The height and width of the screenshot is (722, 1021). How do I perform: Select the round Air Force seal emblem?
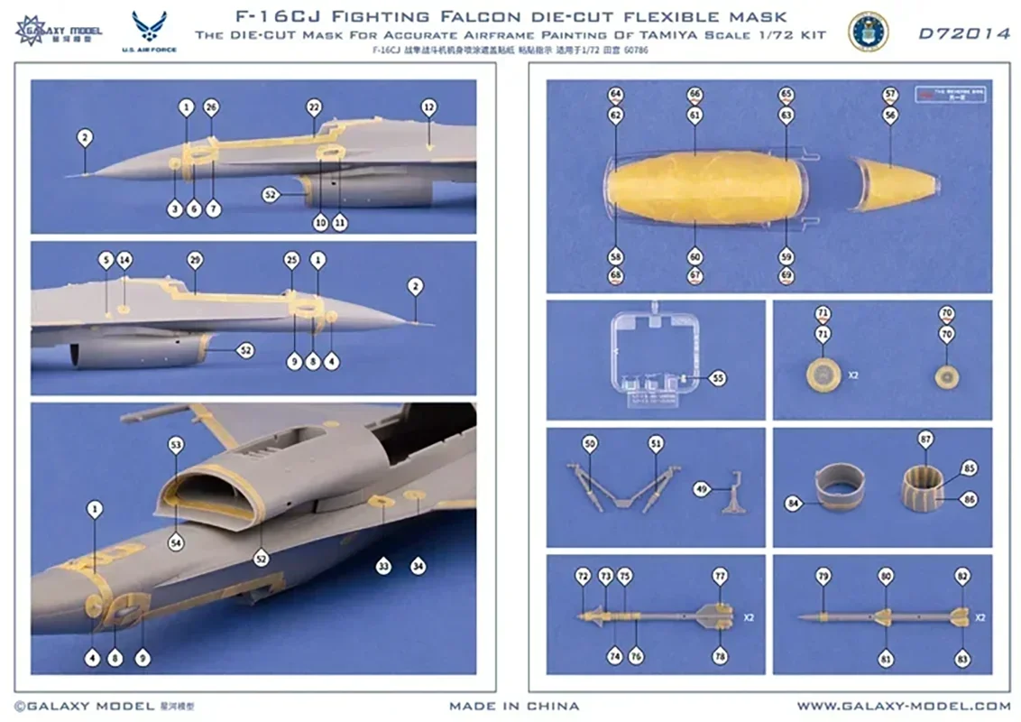tap(868, 32)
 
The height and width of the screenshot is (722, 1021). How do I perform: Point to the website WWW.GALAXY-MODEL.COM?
tap(903, 706)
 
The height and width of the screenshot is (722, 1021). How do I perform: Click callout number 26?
tap(211, 107)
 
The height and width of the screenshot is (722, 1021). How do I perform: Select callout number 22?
tap(314, 107)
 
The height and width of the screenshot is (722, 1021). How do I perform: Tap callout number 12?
tap(428, 107)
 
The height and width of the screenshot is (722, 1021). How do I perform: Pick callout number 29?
tap(195, 260)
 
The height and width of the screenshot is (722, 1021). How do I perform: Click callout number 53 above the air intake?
tap(176, 444)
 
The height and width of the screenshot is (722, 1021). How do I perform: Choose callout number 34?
tap(418, 566)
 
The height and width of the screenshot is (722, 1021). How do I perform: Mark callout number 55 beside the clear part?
tap(718, 378)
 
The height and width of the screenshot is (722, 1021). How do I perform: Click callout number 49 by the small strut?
tap(700, 488)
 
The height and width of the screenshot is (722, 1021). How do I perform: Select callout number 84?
tap(794, 504)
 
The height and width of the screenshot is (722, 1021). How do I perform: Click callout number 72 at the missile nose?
tap(583, 576)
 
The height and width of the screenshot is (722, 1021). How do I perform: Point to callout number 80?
tap(886, 576)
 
